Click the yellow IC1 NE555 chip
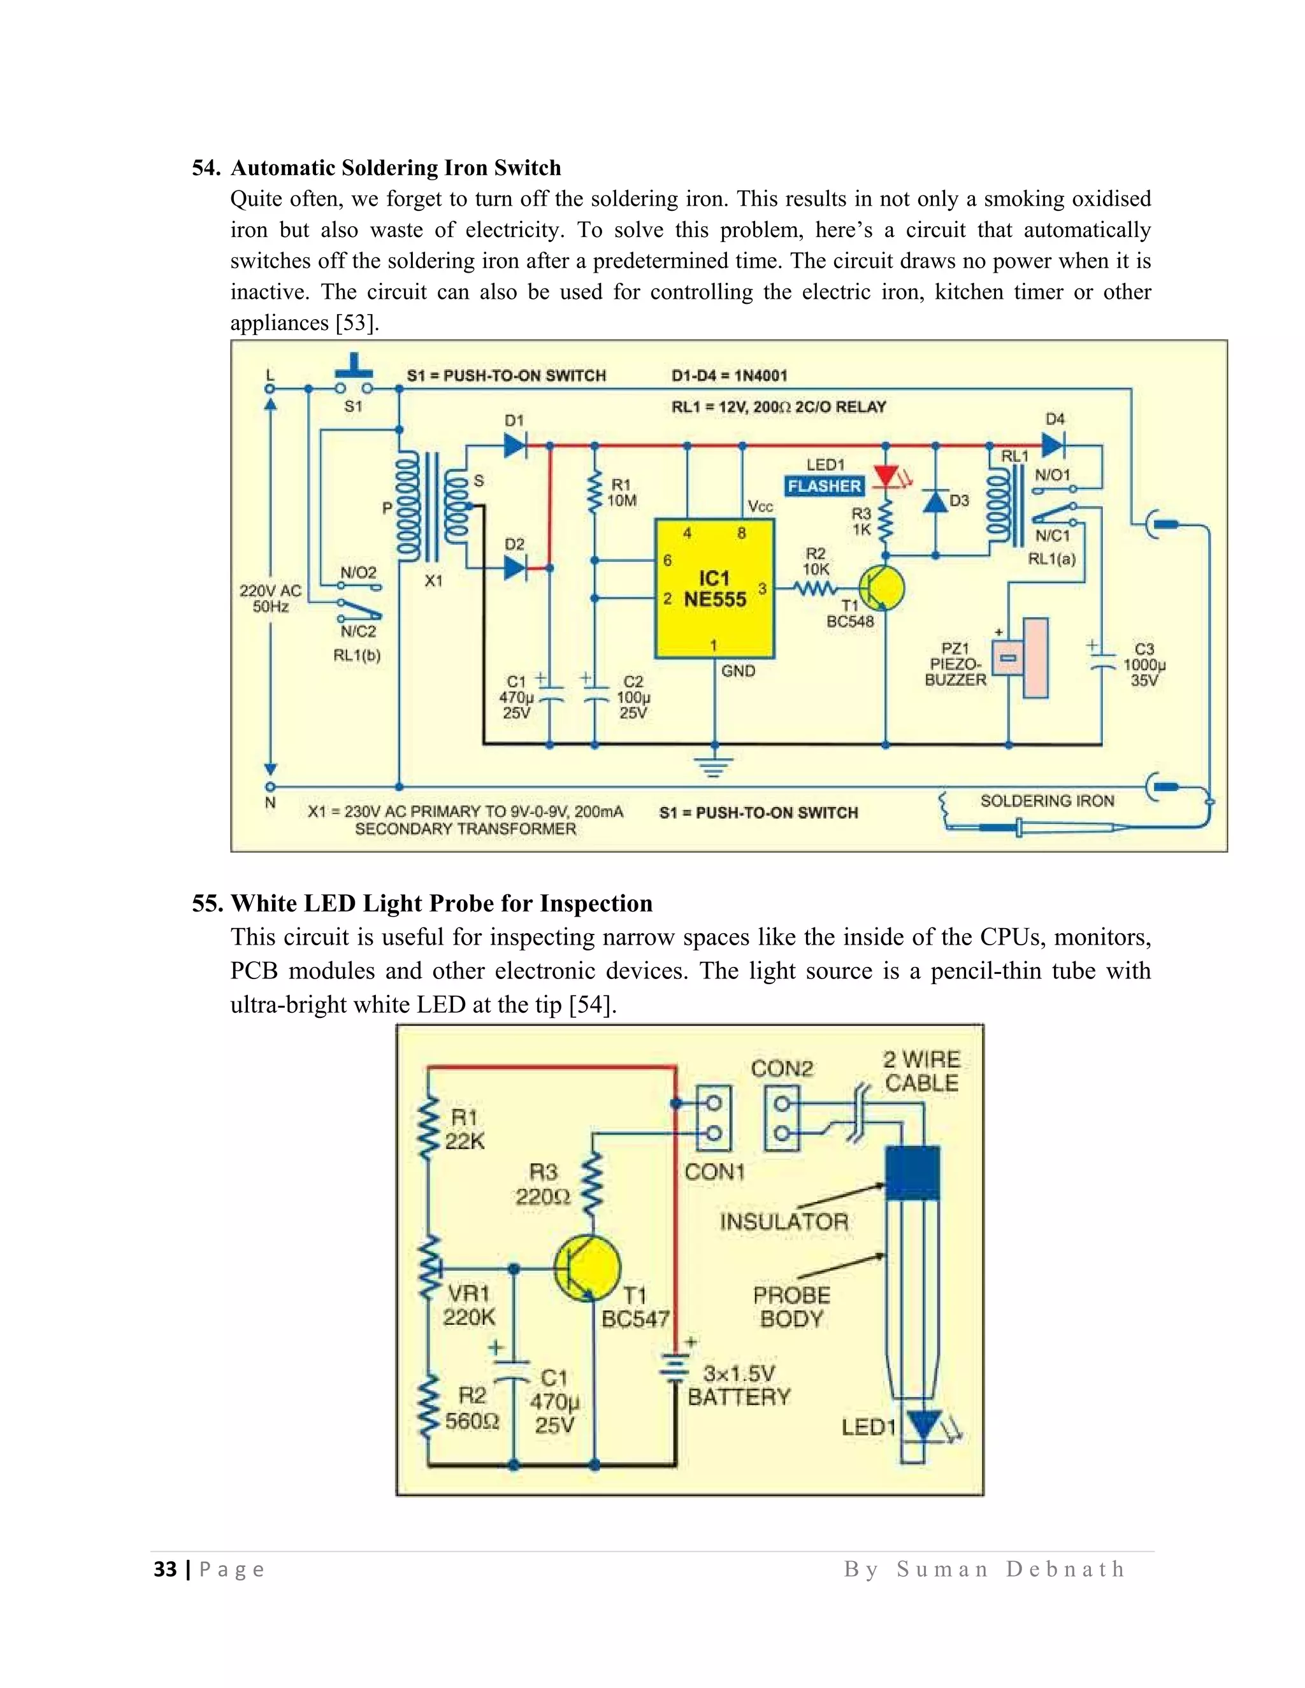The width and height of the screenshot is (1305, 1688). click(x=714, y=589)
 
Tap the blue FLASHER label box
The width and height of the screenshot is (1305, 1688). click(x=824, y=486)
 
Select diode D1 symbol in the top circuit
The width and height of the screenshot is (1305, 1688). click(x=515, y=445)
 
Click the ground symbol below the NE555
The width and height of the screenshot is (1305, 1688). click(x=714, y=765)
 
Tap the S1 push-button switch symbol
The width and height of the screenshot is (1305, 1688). click(x=353, y=379)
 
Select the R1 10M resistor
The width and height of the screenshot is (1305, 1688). click(x=595, y=493)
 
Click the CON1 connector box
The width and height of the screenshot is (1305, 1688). click(x=714, y=1119)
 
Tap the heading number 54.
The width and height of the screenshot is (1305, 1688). click(x=206, y=168)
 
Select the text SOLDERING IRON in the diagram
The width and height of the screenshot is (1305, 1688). click(x=1047, y=801)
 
